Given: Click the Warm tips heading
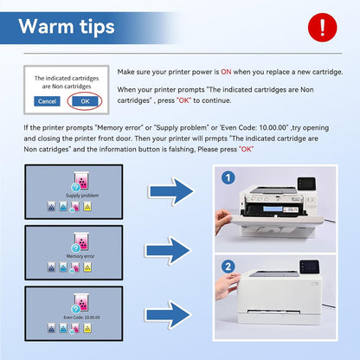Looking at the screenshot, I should click(x=67, y=26).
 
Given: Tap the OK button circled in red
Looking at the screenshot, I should click(x=84, y=101).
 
